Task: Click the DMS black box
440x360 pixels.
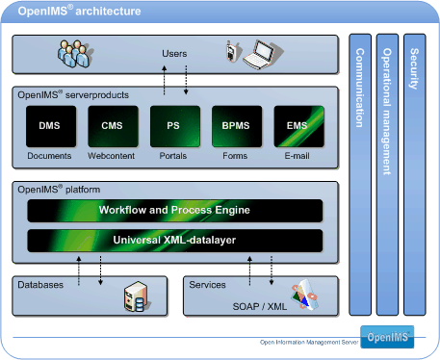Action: click(x=50, y=126)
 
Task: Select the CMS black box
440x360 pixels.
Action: click(x=112, y=126)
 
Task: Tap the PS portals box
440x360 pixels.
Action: click(x=174, y=126)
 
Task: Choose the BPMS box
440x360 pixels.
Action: click(x=236, y=126)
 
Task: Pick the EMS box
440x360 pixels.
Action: click(x=298, y=126)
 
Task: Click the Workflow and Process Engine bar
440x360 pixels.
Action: click(x=174, y=210)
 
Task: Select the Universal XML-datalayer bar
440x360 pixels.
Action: click(x=174, y=239)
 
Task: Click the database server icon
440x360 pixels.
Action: click(x=134, y=299)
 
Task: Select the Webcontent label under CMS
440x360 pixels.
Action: click(x=112, y=156)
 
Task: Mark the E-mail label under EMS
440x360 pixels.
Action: click(x=298, y=156)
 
